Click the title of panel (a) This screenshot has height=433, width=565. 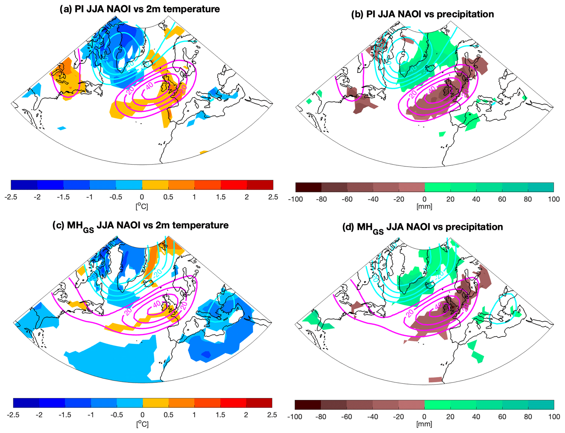click(140, 9)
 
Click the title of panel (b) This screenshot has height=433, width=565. click(422, 14)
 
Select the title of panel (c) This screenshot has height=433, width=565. click(140, 226)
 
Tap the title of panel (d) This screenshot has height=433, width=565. click(422, 227)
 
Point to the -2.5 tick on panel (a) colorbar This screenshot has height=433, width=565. click(11, 197)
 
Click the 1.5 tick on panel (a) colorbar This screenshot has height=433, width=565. click(221, 197)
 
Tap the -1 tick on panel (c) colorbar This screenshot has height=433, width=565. click(91, 415)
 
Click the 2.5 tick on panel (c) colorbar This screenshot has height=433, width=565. click(272, 415)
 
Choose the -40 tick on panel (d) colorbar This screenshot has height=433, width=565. click(373, 417)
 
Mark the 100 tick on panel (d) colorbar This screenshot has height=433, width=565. click(554, 417)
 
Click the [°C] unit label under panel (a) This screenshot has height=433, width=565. click(142, 206)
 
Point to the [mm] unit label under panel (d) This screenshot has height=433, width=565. click(424, 424)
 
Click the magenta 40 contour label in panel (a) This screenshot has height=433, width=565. click(150, 86)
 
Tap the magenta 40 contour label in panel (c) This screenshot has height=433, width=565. click(157, 304)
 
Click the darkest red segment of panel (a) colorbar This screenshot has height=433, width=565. click(260, 185)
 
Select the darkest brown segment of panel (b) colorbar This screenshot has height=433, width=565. click(308, 187)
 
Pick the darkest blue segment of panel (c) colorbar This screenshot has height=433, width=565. click(26, 403)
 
